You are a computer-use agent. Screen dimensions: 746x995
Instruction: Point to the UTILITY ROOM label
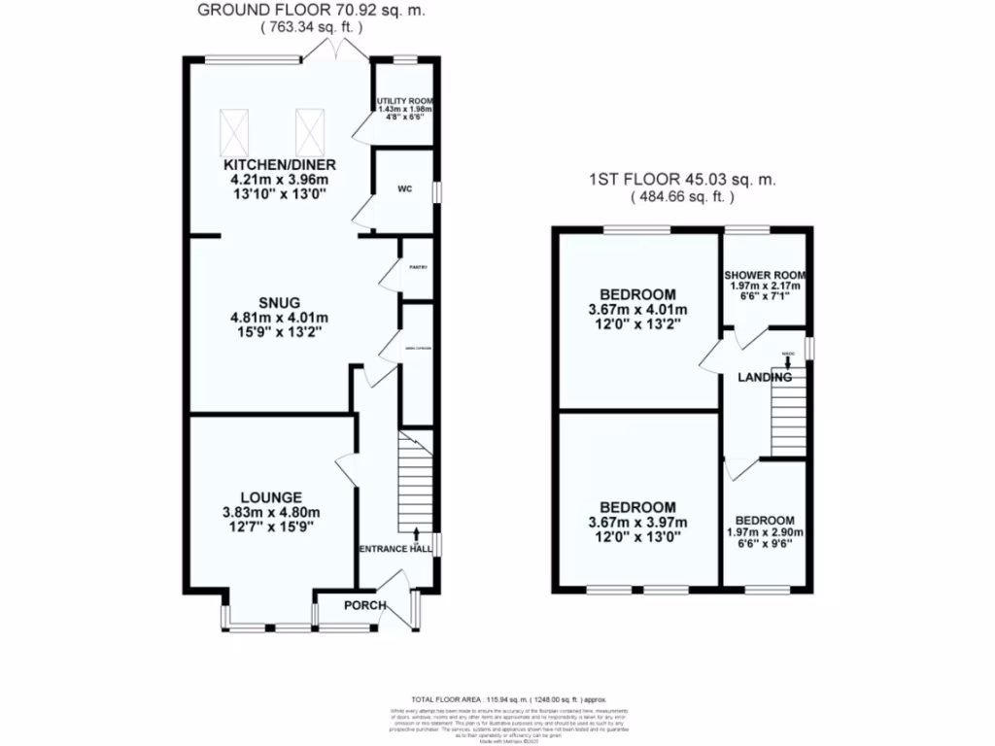pyautogui.click(x=404, y=101)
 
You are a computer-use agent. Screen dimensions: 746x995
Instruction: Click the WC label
pyautogui.click(x=404, y=189)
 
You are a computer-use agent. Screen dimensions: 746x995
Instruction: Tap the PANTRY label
pyautogui.click(x=417, y=266)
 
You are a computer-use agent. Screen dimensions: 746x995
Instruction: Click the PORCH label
pyautogui.click(x=365, y=606)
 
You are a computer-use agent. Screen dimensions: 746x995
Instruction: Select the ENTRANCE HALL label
pyautogui.click(x=395, y=550)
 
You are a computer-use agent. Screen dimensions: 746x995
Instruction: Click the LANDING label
pyautogui.click(x=764, y=376)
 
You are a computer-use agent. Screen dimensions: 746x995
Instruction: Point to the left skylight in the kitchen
pyautogui.click(x=234, y=131)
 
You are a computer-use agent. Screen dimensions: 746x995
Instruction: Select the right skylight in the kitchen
pyautogui.click(x=308, y=131)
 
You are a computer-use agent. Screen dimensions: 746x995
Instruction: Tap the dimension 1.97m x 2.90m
pyautogui.click(x=765, y=533)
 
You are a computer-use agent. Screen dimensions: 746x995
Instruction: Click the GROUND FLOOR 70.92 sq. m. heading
pyautogui.click(x=311, y=12)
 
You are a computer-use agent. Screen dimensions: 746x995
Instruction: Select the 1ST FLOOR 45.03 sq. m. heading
pyautogui.click(x=683, y=180)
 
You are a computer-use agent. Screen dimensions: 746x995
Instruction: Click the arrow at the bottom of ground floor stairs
pyautogui.click(x=416, y=532)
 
